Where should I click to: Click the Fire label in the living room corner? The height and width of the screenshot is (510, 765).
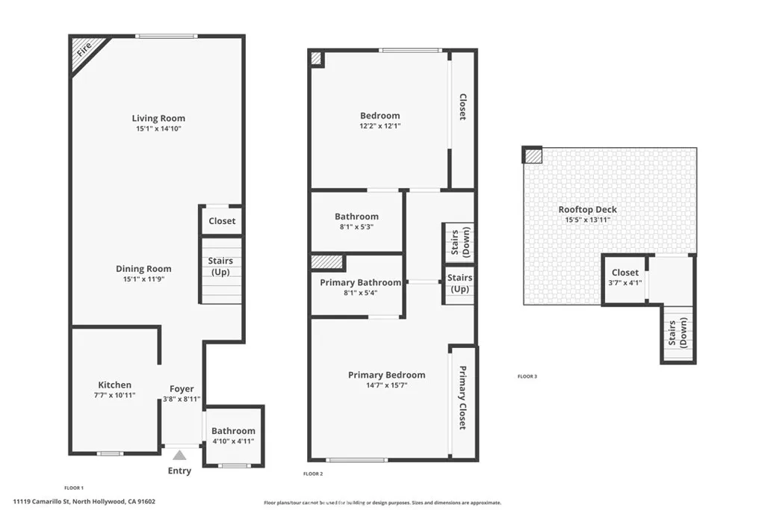pyautogui.click(x=84, y=50)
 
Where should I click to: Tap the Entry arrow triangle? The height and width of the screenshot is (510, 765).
pyautogui.click(x=179, y=455)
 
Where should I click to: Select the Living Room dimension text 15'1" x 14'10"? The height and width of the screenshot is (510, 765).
pyautogui.click(x=158, y=129)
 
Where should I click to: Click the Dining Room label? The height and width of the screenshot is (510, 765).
pyautogui.click(x=143, y=269)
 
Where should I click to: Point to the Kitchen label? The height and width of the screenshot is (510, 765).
pyautogui.click(x=114, y=385)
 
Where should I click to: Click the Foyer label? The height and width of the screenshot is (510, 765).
pyautogui.click(x=182, y=389)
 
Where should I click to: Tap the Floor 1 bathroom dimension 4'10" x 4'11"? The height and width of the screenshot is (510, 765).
pyautogui.click(x=233, y=441)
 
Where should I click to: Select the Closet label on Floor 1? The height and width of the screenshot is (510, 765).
pyautogui.click(x=222, y=221)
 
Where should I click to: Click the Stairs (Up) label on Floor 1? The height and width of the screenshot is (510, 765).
pyautogui.click(x=220, y=267)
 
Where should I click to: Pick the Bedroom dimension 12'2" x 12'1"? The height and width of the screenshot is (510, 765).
pyautogui.click(x=380, y=126)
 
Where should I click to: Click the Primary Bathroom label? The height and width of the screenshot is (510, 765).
pyautogui.click(x=360, y=283)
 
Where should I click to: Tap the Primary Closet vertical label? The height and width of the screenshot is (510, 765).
pyautogui.click(x=462, y=398)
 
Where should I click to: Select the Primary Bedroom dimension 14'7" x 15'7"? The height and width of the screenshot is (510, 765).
pyautogui.click(x=386, y=385)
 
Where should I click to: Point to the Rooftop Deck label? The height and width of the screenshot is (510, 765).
pyautogui.click(x=588, y=210)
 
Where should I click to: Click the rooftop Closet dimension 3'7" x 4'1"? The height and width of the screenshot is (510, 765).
pyautogui.click(x=625, y=283)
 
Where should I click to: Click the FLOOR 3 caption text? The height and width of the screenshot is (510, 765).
pyautogui.click(x=527, y=376)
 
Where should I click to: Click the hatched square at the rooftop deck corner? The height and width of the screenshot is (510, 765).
pyautogui.click(x=532, y=155)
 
